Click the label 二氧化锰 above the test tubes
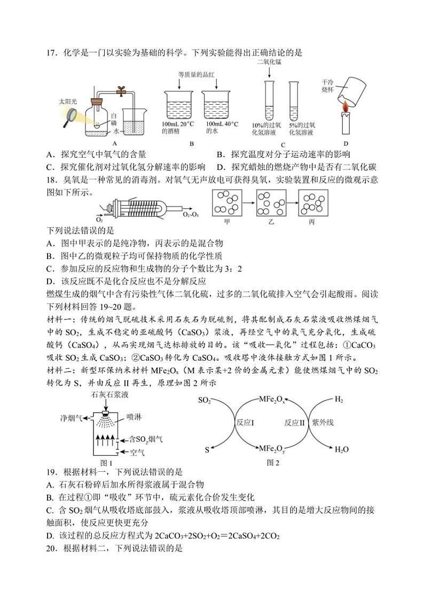click(269, 62)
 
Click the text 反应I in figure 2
click(245, 422)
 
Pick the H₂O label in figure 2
click(342, 450)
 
